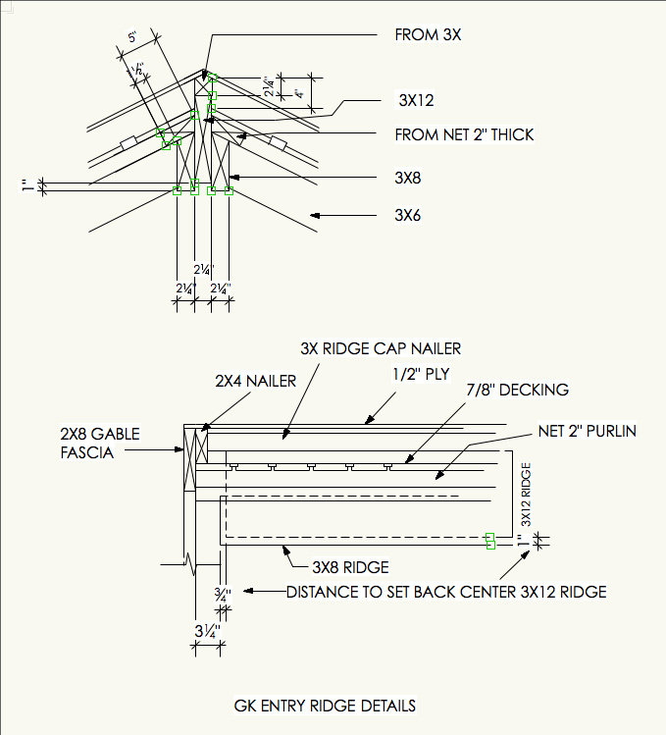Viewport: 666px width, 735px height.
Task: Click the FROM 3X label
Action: [x=428, y=35]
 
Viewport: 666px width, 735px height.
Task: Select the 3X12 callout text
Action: [x=416, y=100]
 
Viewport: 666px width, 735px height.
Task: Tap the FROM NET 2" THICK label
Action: [x=464, y=134]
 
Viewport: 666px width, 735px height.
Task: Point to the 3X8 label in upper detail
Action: [x=408, y=178]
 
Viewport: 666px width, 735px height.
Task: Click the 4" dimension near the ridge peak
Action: [x=298, y=94]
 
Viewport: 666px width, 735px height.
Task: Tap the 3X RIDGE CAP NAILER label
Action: [x=381, y=348]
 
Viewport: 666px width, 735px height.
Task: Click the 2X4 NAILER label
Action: [x=255, y=381]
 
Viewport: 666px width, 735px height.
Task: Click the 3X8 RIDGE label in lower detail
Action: [x=350, y=567]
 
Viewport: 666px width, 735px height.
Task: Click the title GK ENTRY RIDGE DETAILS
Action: [x=325, y=706]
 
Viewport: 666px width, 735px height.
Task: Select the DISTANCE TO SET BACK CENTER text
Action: [x=446, y=592]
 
